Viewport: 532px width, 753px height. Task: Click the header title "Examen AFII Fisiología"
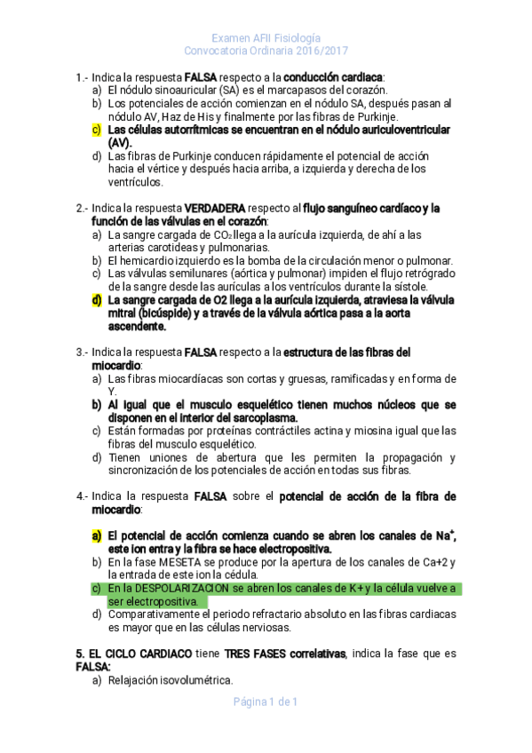click(266, 38)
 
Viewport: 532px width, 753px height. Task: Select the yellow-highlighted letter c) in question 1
click(96, 130)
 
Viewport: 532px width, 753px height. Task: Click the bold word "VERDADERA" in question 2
click(218, 209)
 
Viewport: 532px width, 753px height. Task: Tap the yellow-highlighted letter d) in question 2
click(96, 300)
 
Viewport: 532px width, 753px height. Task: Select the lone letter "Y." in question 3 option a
click(112, 392)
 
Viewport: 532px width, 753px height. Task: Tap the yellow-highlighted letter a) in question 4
click(96, 536)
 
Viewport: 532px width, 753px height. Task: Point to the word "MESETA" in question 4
click(185, 562)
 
